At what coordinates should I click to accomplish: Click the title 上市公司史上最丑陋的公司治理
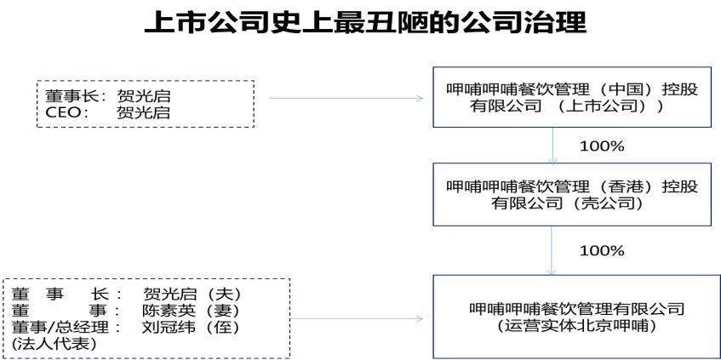pyautogui.click(x=365, y=23)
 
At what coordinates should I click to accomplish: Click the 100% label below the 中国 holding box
pyautogui.click(x=602, y=146)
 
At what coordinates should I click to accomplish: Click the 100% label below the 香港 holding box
pyautogui.click(x=602, y=250)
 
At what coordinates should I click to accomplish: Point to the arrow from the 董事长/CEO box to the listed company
pyautogui.click(x=346, y=98)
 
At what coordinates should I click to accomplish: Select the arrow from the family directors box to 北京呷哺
pyautogui.click(x=357, y=318)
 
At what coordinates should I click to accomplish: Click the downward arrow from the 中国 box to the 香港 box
pyautogui.click(x=552, y=146)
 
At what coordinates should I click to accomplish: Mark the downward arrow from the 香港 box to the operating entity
pyautogui.click(x=552, y=250)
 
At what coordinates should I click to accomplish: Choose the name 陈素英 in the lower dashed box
pyautogui.click(x=169, y=311)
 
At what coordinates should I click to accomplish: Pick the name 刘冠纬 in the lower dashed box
pyautogui.click(x=169, y=328)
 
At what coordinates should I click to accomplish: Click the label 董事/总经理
pyautogui.click(x=67, y=328)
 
